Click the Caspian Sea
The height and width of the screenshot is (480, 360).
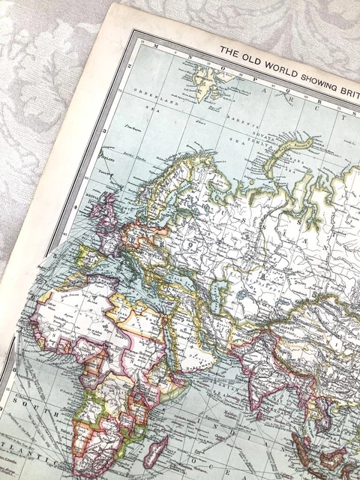coord(217,289)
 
